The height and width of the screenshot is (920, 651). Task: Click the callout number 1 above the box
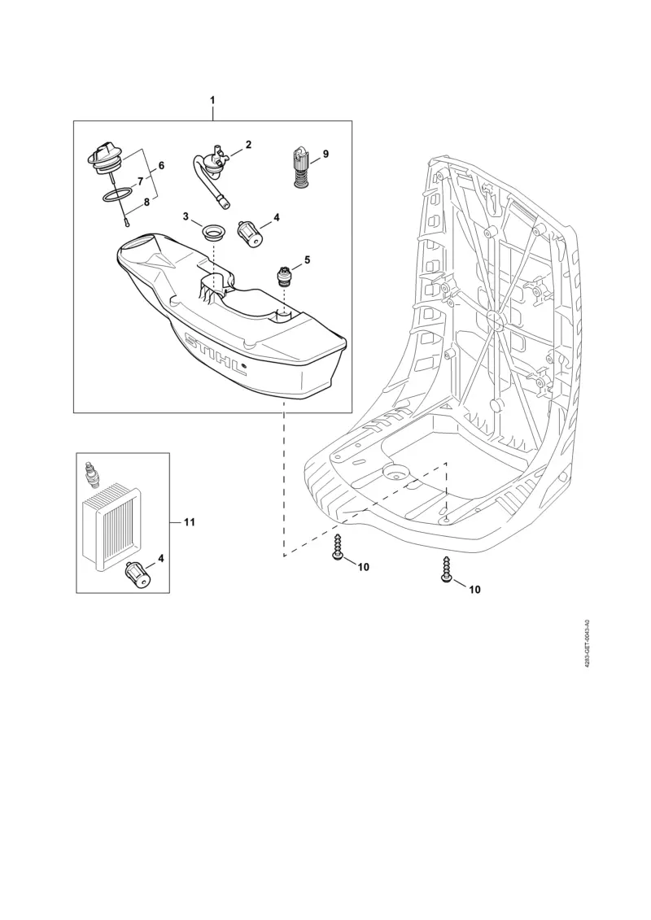point(212,99)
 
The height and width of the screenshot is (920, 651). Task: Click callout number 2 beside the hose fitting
point(248,145)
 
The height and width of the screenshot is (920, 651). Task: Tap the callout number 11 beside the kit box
point(189,521)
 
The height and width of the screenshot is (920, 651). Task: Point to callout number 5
point(307,260)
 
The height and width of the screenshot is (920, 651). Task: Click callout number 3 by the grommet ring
point(186,217)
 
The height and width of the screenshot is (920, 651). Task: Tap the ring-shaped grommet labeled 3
point(216,231)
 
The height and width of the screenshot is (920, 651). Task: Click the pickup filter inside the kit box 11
point(136,578)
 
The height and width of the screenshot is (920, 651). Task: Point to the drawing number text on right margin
point(588,643)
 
